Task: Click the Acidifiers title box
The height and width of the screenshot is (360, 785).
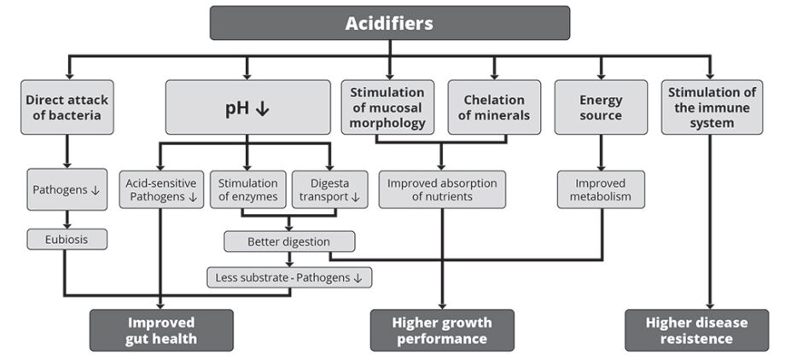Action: pyautogui.click(x=389, y=23)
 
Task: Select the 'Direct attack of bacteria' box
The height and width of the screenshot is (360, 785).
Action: pyautogui.click(x=67, y=107)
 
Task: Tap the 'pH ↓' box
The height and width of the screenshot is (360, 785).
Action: pyautogui.click(x=247, y=107)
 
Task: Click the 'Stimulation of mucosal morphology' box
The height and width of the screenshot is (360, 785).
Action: pyautogui.click(x=387, y=107)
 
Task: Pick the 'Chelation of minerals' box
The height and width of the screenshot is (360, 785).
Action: pyautogui.click(x=494, y=107)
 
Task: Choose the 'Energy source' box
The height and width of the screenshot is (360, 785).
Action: pyautogui.click(x=600, y=107)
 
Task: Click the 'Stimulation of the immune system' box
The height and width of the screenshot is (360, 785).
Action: pyautogui.click(x=709, y=107)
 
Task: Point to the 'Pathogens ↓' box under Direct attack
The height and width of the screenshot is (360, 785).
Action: pyautogui.click(x=67, y=189)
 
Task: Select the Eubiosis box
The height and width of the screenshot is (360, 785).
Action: pyautogui.click(x=67, y=240)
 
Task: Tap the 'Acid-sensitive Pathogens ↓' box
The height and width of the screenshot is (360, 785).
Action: pyautogui.click(x=160, y=189)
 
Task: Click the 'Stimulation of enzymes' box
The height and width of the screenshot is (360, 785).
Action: pyautogui.click(x=247, y=189)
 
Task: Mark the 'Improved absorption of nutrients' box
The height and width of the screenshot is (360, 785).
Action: pyautogui.click(x=442, y=189)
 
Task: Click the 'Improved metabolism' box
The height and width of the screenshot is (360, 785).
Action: pyautogui.click(x=601, y=189)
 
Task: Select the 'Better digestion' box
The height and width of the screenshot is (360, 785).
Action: pyautogui.click(x=289, y=241)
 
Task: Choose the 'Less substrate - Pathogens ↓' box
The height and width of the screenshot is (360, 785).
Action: pyautogui.click(x=289, y=276)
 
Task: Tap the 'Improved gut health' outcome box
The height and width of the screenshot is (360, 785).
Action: pyautogui.click(x=161, y=330)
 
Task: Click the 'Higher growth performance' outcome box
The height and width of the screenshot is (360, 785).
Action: pyautogui.click(x=442, y=330)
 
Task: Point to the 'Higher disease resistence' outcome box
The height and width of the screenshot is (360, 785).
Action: pyautogui.click(x=708, y=330)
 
